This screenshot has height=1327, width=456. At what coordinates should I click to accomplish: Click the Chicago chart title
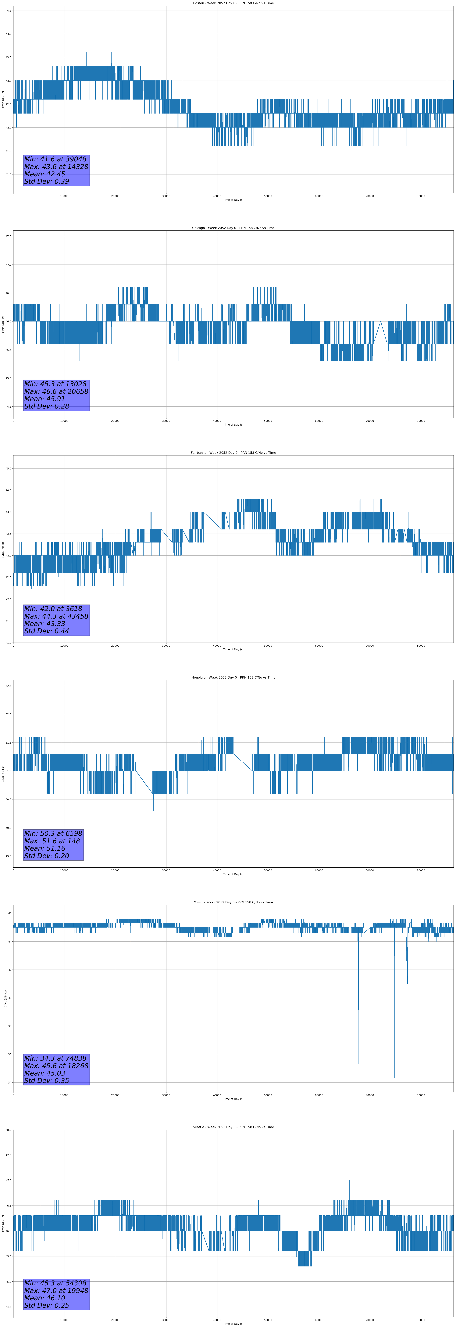[x=233, y=228]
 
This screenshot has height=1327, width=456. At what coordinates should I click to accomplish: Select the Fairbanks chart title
[x=233, y=453]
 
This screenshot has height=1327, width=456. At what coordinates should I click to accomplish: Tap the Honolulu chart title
[x=233, y=677]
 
